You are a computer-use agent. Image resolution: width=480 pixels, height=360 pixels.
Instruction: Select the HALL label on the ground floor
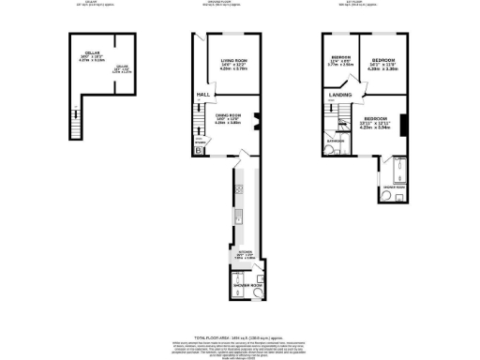tap(202, 95)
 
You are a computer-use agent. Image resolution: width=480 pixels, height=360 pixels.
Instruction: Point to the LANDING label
tap(338, 95)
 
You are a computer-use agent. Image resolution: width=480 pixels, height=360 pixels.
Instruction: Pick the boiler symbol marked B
tap(198, 150)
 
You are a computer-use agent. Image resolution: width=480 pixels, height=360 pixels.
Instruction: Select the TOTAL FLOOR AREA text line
tap(239, 337)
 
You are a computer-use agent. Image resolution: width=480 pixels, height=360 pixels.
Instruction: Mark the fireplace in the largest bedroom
tap(405, 125)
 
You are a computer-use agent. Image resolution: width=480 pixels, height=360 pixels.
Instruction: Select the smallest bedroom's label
tap(339, 61)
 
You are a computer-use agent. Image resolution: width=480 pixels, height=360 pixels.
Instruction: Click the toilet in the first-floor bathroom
tap(330, 149)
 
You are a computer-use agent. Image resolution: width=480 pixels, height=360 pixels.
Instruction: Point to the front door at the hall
tap(201, 38)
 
